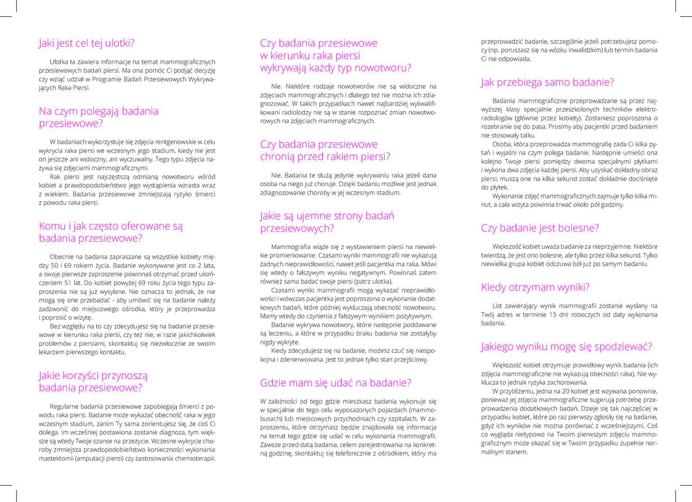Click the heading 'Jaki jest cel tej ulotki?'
click(86, 43)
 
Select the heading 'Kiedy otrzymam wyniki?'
click(535, 287)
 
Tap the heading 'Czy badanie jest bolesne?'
click(540, 228)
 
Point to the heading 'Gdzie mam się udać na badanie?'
click(336, 383)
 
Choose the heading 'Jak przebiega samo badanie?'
click(547, 82)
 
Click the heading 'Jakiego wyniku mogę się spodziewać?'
click(566, 347)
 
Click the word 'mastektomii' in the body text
click(54, 458)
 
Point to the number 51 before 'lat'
click(68, 283)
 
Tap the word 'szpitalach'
click(402, 419)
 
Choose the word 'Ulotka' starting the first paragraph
click(59, 62)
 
